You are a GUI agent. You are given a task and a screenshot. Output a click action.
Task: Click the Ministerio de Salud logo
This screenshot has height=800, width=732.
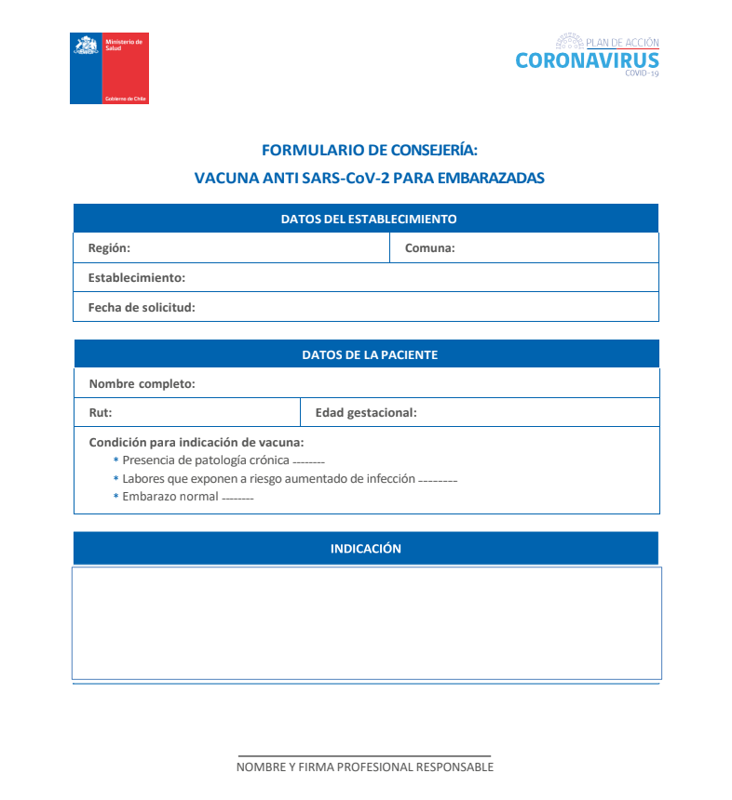click(x=109, y=68)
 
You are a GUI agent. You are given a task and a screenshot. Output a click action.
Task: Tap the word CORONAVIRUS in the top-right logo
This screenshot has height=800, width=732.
click(x=587, y=61)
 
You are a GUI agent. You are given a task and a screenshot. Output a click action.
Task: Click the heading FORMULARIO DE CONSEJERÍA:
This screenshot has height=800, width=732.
click(x=369, y=149)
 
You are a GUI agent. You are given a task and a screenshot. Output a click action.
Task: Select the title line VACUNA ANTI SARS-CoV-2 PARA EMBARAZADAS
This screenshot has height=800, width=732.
click(x=369, y=177)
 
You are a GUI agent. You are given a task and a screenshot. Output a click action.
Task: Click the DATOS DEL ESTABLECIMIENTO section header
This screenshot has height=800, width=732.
click(x=369, y=220)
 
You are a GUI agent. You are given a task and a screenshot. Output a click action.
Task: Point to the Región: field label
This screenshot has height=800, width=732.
click(x=109, y=248)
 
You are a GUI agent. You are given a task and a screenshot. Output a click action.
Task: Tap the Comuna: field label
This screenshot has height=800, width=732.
click(x=429, y=248)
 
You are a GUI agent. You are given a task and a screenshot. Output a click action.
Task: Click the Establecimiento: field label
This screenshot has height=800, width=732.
click(x=136, y=277)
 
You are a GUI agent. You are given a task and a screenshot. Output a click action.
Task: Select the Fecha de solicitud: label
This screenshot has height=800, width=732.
click(x=142, y=307)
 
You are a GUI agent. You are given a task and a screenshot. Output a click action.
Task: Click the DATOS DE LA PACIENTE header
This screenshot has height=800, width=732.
click(x=369, y=354)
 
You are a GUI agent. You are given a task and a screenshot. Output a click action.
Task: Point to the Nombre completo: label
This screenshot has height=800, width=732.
click(x=142, y=383)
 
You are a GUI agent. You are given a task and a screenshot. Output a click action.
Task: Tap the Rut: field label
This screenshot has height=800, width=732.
click(x=100, y=413)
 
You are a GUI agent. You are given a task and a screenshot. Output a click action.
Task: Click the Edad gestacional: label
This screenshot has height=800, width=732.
click(x=366, y=413)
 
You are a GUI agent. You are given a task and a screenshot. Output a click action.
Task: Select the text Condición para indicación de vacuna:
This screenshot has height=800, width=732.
click(x=196, y=443)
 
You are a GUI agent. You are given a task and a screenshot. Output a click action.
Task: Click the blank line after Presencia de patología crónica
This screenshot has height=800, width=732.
click(x=308, y=462)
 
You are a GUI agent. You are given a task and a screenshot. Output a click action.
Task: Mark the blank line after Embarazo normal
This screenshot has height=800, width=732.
click(x=237, y=499)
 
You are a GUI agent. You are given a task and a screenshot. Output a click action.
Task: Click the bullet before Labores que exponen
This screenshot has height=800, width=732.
click(x=116, y=479)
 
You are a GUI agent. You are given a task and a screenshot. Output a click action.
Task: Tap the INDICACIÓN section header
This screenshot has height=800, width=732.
click(x=365, y=549)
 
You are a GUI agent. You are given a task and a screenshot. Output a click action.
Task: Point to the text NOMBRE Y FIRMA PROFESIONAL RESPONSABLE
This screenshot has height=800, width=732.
click(x=364, y=767)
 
